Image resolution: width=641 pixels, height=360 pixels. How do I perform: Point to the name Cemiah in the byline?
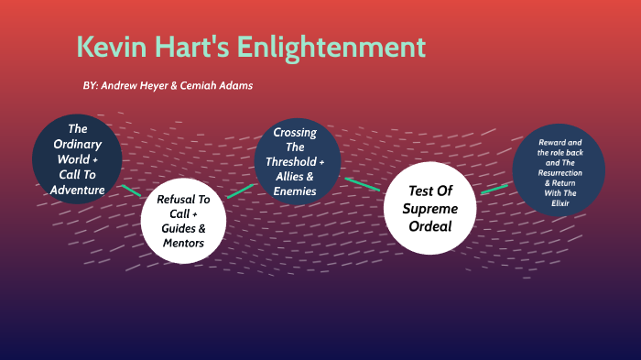click(x=192, y=85)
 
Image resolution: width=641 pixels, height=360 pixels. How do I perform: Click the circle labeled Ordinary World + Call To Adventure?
click(x=77, y=159)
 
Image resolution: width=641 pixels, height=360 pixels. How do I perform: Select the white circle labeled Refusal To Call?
click(x=183, y=221)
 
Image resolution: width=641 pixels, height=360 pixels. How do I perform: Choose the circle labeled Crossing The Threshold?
click(x=295, y=162)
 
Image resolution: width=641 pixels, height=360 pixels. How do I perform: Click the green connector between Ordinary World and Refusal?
click(x=131, y=191)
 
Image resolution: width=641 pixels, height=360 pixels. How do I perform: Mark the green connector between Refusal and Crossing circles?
click(x=241, y=191)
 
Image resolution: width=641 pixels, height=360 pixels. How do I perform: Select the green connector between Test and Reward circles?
click(x=494, y=188)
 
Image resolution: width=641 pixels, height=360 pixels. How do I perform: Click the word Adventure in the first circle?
click(x=77, y=190)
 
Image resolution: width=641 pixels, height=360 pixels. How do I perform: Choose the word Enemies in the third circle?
click(x=295, y=191)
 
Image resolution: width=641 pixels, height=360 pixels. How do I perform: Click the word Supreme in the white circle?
click(x=430, y=208)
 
